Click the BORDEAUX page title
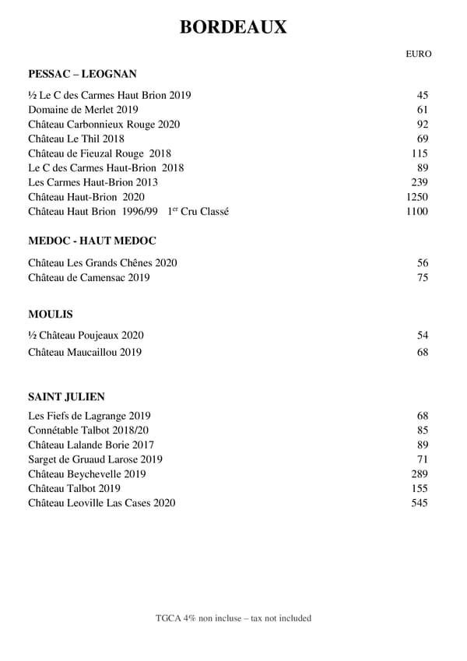click(233, 27)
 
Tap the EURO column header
click(418, 54)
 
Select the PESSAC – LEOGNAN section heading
click(83, 74)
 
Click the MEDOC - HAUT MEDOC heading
click(92, 241)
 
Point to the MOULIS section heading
click(51, 315)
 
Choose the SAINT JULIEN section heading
click(66, 396)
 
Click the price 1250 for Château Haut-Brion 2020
click(417, 197)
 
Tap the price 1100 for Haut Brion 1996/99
click(417, 212)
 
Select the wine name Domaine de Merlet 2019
click(83, 110)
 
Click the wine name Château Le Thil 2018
click(76, 139)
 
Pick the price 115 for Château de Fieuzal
click(420, 153)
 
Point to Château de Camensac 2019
click(89, 278)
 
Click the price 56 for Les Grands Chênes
click(423, 263)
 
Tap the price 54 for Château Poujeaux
click(423, 336)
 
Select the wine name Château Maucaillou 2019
click(85, 353)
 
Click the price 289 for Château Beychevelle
click(420, 474)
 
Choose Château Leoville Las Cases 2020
click(102, 503)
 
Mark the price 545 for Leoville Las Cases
click(420, 503)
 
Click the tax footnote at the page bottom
click(233, 618)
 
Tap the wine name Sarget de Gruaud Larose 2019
click(95, 459)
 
